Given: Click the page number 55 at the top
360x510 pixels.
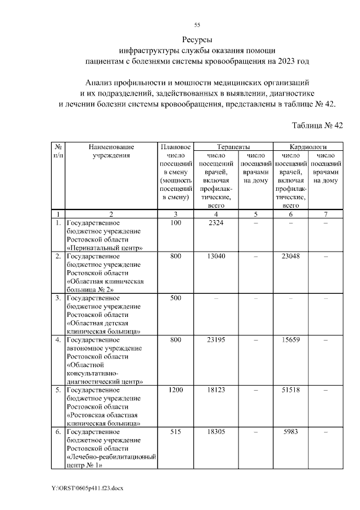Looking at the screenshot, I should click(197, 25).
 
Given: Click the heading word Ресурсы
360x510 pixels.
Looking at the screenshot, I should click(197, 40).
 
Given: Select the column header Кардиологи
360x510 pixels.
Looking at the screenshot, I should click(308, 146).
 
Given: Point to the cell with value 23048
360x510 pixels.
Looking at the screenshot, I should click(291, 257).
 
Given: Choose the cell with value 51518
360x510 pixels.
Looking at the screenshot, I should click(291, 390).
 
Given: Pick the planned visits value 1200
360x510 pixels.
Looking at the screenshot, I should click(176, 390).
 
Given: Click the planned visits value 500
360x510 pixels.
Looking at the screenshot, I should click(176, 298).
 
